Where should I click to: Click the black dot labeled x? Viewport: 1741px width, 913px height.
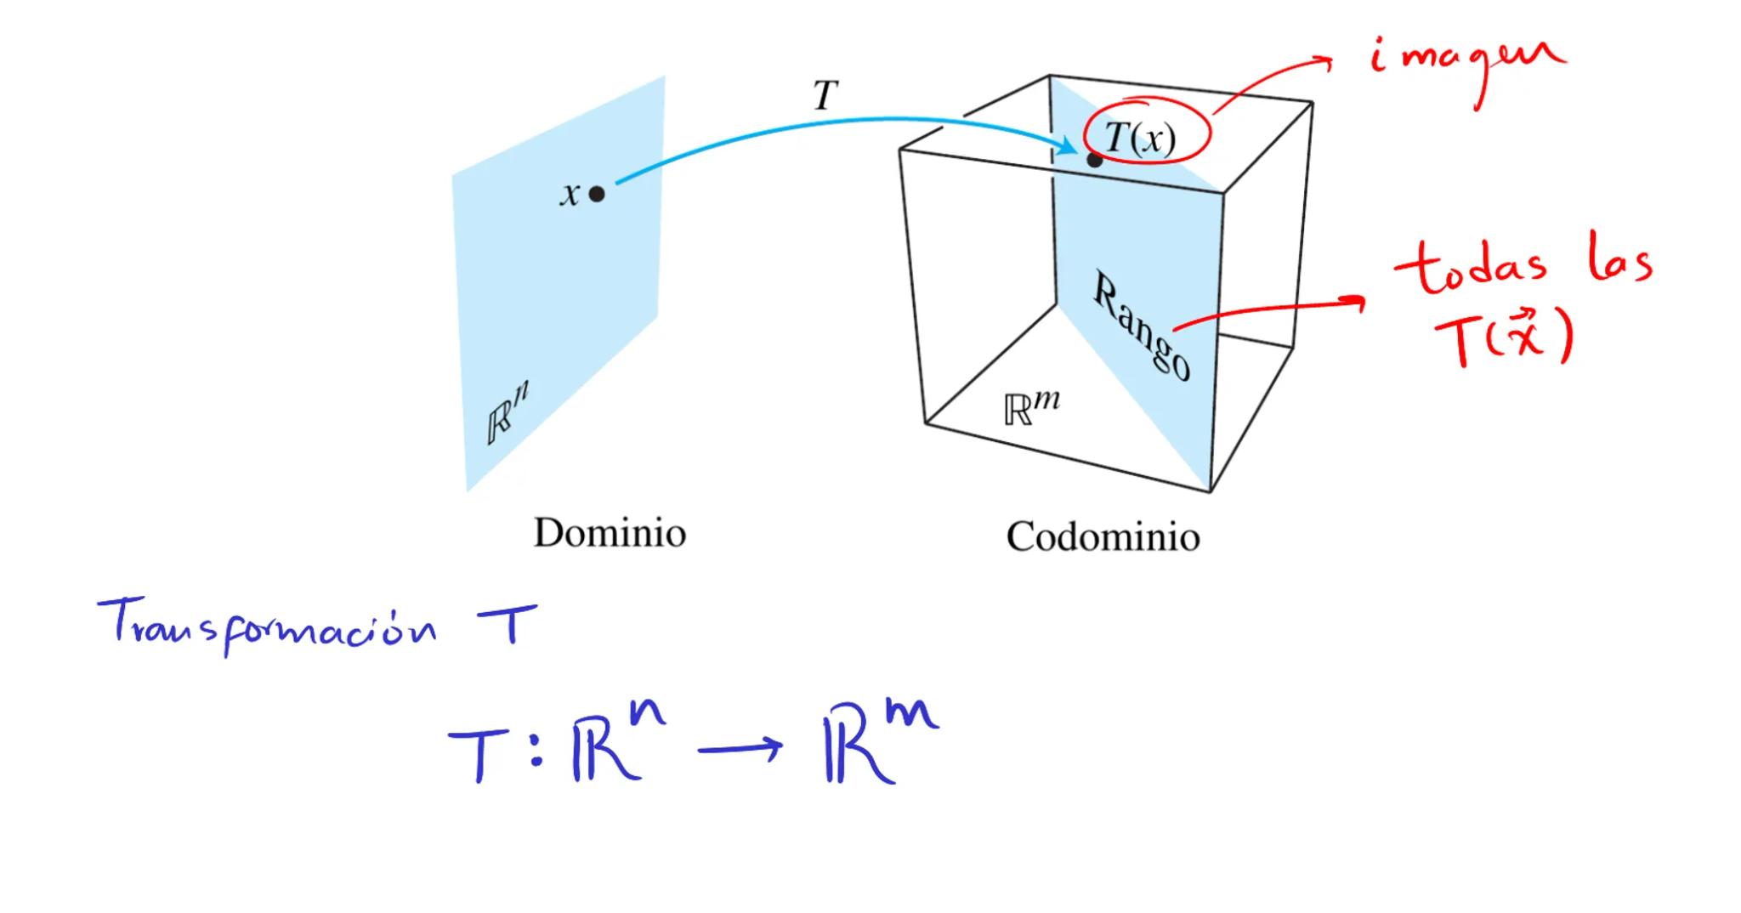(597, 194)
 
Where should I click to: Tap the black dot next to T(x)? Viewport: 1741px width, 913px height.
(1094, 160)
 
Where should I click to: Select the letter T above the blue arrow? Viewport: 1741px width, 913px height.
(825, 95)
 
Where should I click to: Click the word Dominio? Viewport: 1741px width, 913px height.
(610, 533)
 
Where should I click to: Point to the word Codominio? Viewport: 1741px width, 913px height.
(1103, 536)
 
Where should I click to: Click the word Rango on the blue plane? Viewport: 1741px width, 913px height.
(1142, 326)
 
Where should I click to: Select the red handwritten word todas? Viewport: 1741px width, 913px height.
(1470, 267)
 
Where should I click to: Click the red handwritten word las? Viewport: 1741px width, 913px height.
(1620, 264)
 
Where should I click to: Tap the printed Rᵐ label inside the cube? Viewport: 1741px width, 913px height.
(1031, 407)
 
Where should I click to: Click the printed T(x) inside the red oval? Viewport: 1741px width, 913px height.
(1141, 137)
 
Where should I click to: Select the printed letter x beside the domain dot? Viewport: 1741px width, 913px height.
(570, 195)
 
